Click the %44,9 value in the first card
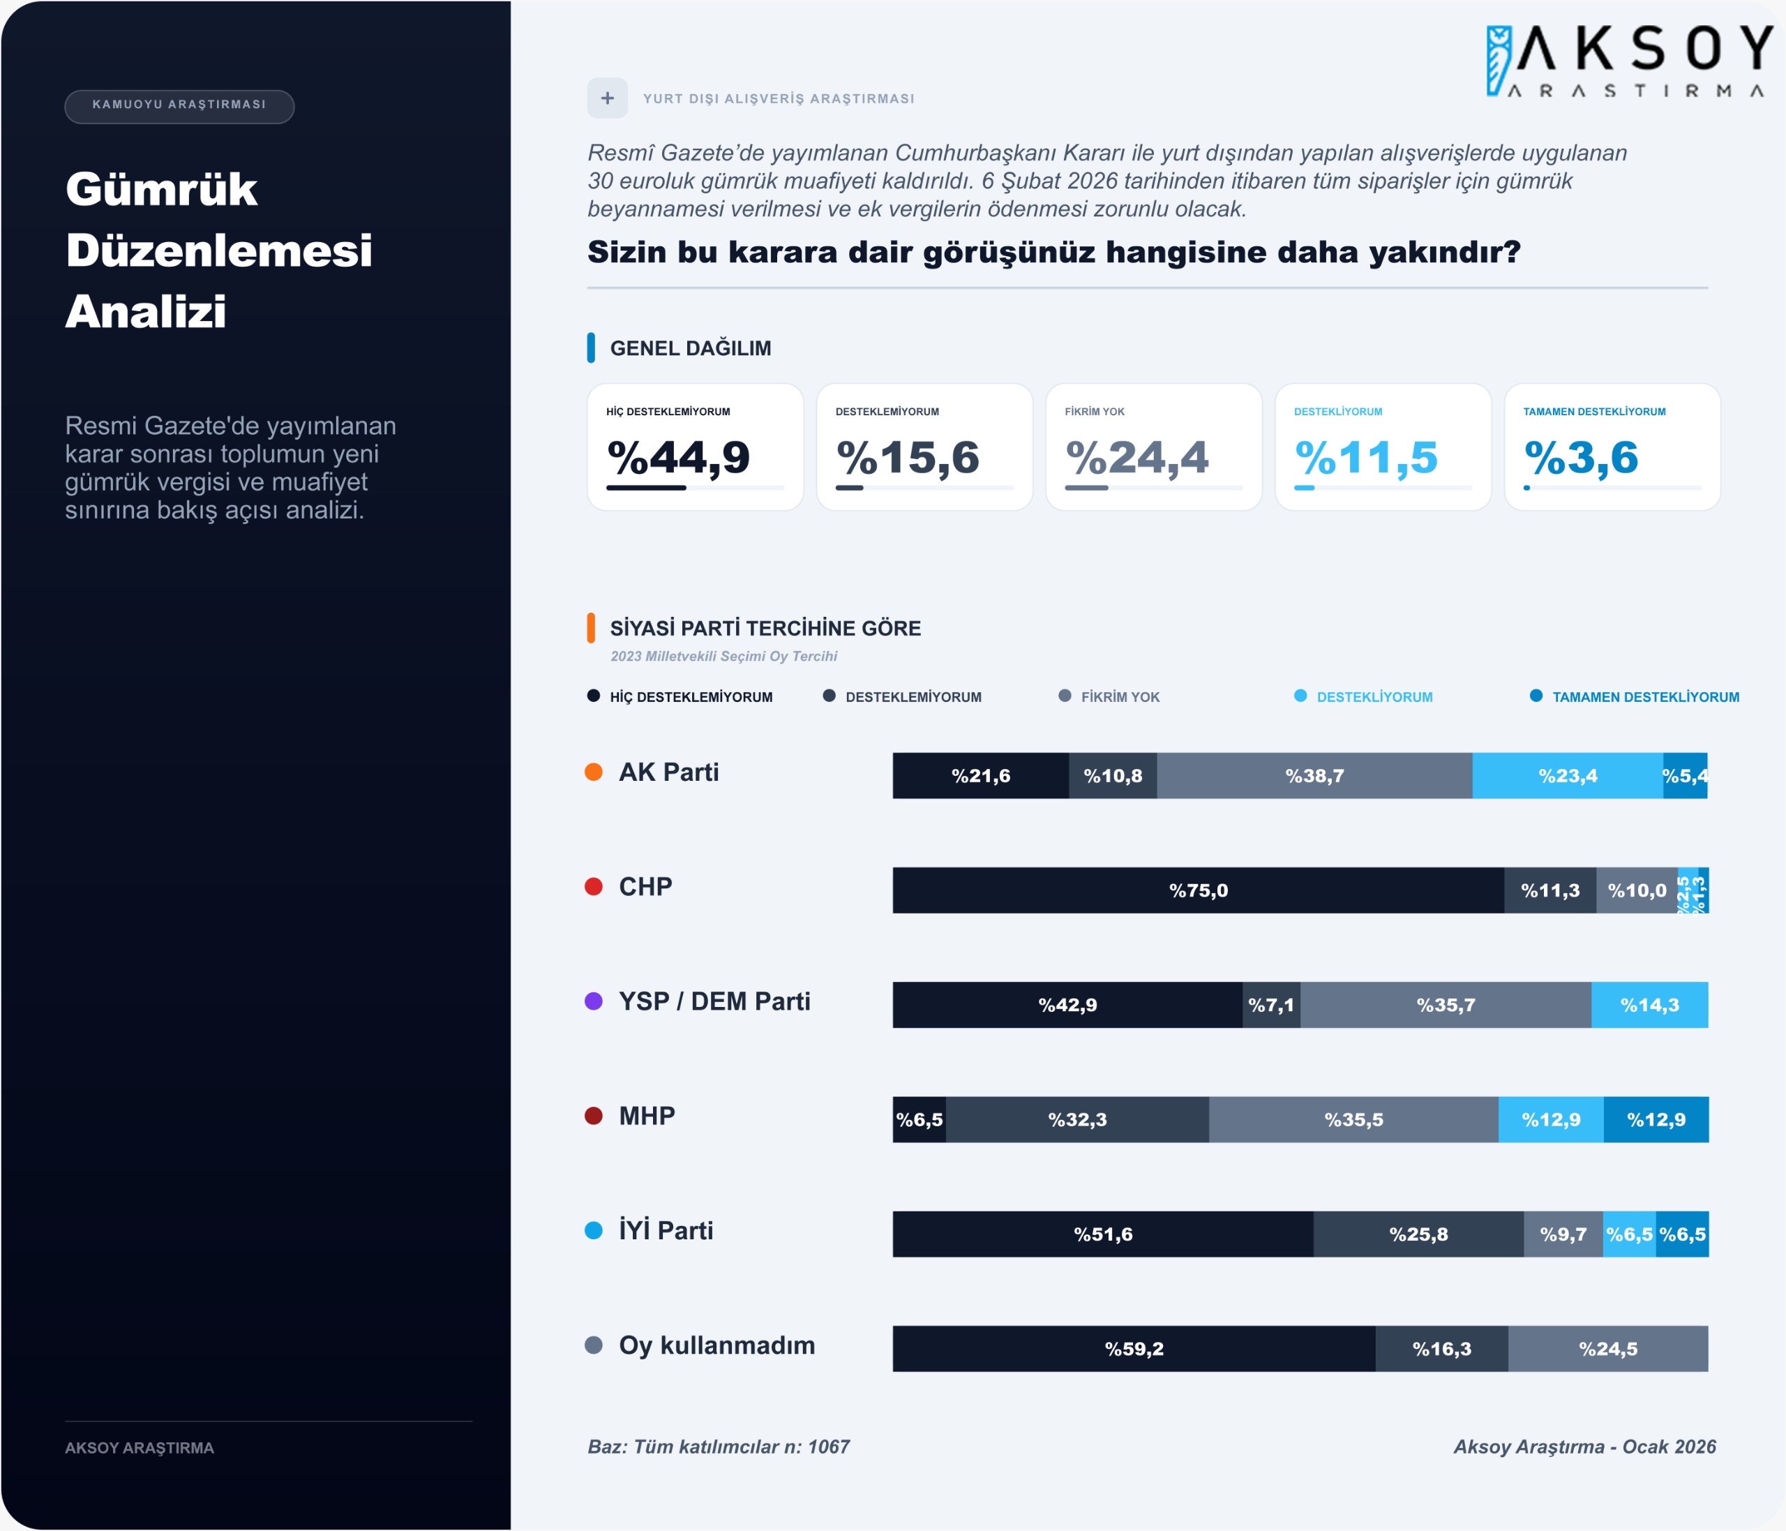tap(678, 457)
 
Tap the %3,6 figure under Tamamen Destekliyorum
tap(1581, 457)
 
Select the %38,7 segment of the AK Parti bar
tap(1314, 776)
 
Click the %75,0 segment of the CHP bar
tap(1198, 890)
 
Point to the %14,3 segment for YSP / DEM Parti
tap(1649, 1005)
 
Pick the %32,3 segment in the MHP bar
tap(1077, 1120)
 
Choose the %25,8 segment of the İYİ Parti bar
tap(1418, 1234)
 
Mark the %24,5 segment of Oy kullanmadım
tap(1607, 1349)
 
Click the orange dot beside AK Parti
tap(594, 772)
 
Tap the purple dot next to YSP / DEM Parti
tap(594, 1001)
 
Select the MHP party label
tap(647, 1116)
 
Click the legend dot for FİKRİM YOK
tap(1065, 696)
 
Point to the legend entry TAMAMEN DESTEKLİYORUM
tap(1644, 696)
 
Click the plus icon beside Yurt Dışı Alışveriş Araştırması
tap(608, 98)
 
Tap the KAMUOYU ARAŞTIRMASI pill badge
tap(179, 105)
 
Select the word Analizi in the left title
tap(146, 311)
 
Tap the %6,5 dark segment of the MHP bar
tap(919, 1120)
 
